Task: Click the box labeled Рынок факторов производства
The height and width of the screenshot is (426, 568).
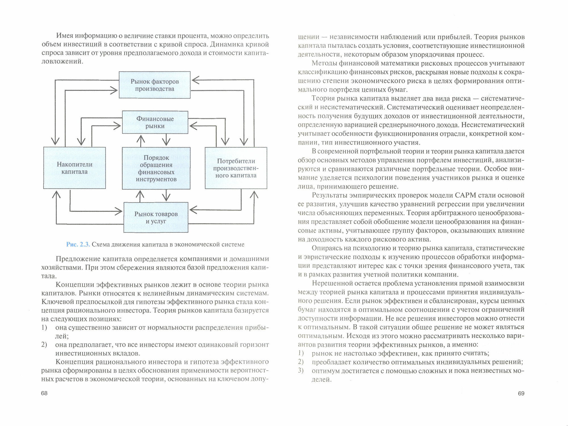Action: pyautogui.click(x=154, y=85)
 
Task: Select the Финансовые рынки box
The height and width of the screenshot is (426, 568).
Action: pyautogui.click(x=155, y=122)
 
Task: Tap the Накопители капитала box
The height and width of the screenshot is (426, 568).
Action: pyautogui.click(x=74, y=168)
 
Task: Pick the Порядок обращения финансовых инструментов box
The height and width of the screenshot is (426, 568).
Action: pyautogui.click(x=156, y=168)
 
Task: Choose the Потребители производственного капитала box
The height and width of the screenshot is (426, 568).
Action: pyautogui.click(x=236, y=168)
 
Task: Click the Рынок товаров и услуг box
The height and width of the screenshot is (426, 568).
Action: pyautogui.click(x=156, y=217)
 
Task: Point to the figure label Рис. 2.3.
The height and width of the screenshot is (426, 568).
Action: pyautogui.click(x=78, y=244)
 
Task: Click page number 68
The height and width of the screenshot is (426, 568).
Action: pyautogui.click(x=44, y=393)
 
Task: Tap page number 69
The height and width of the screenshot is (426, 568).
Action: pyautogui.click(x=521, y=393)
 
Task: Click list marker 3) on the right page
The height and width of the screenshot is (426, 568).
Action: pyautogui.click(x=301, y=370)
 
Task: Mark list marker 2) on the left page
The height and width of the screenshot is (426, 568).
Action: pyautogui.click(x=44, y=345)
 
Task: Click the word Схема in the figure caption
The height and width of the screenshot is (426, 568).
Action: pyautogui.click(x=101, y=244)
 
